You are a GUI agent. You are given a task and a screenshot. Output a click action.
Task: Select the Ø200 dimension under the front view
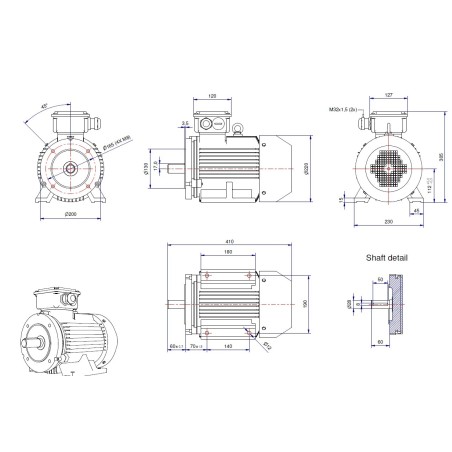[x=69, y=216]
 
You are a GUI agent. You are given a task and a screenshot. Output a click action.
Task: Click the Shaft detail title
[x=387, y=257]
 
